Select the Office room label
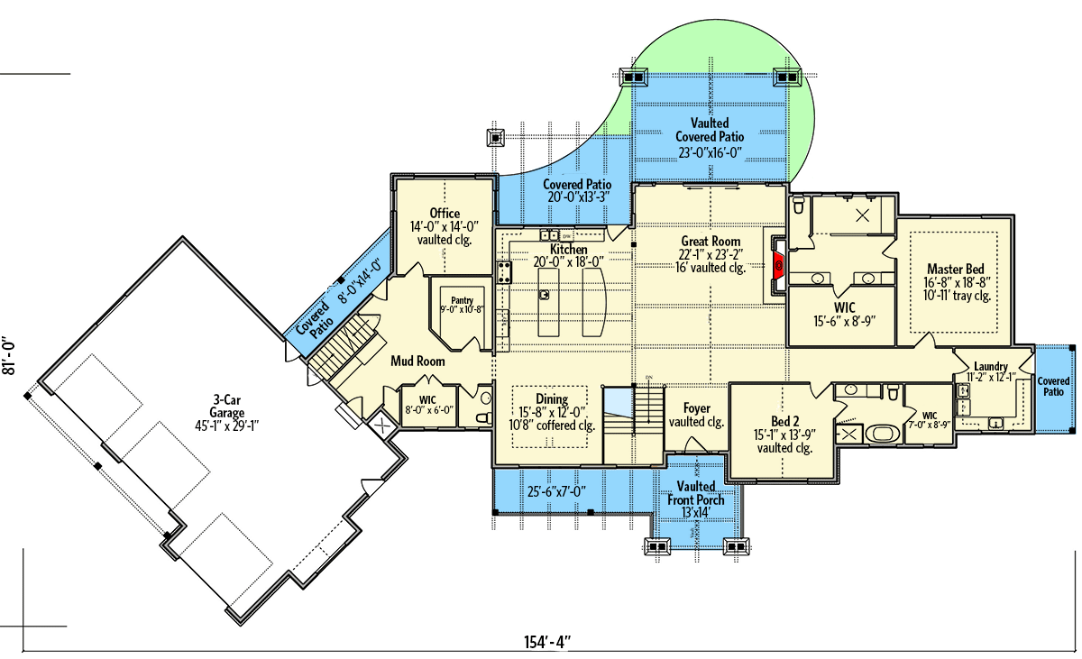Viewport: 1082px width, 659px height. click(x=445, y=214)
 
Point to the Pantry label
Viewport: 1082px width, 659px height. click(x=462, y=301)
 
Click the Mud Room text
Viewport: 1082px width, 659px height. click(x=417, y=361)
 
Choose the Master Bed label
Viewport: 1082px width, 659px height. click(x=955, y=270)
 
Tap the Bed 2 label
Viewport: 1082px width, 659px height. click(x=784, y=421)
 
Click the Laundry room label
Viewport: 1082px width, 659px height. click(x=990, y=366)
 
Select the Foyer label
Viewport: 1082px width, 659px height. click(x=697, y=407)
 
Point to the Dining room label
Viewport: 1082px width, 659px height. click(x=552, y=399)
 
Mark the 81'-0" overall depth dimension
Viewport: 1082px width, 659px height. click(x=14, y=361)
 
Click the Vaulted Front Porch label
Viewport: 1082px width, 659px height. click(x=696, y=493)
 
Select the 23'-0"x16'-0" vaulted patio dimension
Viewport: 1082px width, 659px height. click(x=710, y=152)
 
